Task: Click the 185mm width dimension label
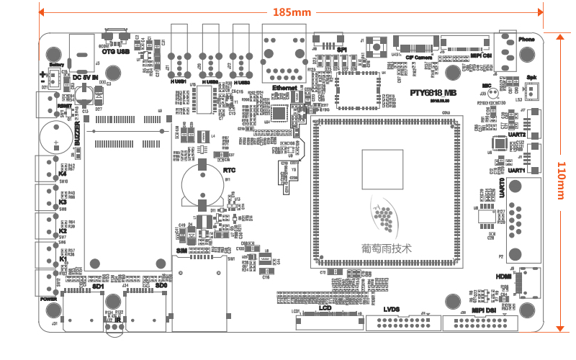292,12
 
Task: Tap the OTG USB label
115,52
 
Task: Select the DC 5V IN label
85,77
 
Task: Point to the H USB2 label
210,82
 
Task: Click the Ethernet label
284,87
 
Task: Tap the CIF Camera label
418,57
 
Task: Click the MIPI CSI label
481,55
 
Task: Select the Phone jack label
526,39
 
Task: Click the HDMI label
503,275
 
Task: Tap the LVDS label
390,310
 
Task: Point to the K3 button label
63,202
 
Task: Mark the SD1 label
99,287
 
